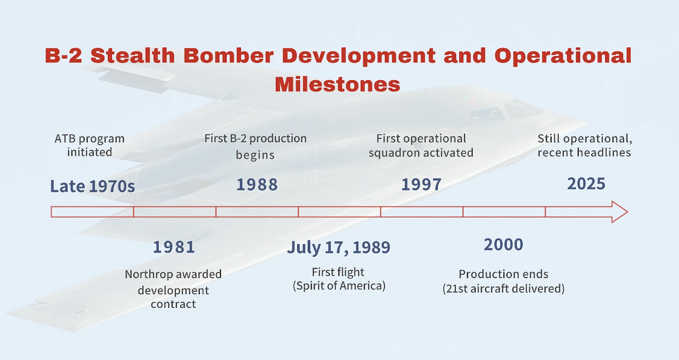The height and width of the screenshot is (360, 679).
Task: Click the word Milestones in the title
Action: click(x=337, y=84)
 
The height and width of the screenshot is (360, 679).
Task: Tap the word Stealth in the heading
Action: click(x=133, y=56)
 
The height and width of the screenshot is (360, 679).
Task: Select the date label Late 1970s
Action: click(x=93, y=186)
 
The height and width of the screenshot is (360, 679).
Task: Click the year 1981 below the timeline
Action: click(x=174, y=247)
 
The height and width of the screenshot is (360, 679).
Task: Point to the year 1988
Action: click(x=257, y=184)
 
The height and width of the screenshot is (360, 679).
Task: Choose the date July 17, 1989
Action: click(x=339, y=247)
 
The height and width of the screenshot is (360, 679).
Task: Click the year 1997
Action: click(x=421, y=184)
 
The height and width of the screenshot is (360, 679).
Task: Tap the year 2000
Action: click(x=503, y=245)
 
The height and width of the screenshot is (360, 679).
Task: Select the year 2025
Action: click(x=586, y=184)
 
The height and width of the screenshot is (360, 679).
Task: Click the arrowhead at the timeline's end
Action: click(x=620, y=212)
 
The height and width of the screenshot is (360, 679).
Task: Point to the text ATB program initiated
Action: click(x=90, y=145)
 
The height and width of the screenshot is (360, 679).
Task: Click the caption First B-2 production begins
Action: click(x=255, y=146)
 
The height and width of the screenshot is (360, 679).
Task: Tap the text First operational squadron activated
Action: click(x=421, y=146)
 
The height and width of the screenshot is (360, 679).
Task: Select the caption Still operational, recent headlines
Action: click(x=585, y=146)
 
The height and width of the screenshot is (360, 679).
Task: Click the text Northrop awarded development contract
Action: click(x=174, y=289)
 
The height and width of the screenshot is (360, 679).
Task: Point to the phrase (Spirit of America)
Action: click(x=339, y=286)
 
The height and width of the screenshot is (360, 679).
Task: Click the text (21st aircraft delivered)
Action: click(x=503, y=288)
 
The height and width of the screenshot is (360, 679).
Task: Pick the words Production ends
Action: click(x=503, y=274)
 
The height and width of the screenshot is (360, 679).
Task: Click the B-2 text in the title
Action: click(x=63, y=56)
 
